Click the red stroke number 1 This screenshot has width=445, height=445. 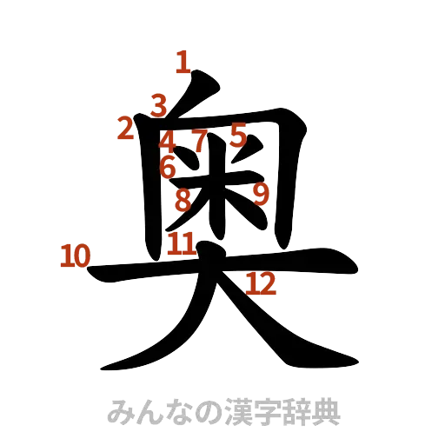point(182,62)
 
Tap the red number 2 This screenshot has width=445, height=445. point(125,130)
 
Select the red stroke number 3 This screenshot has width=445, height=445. point(157,105)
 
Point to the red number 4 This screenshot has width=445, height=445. point(169,140)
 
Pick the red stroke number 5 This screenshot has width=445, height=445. point(239,135)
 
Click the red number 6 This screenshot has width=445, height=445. point(168,166)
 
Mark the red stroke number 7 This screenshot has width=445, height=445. point(200,139)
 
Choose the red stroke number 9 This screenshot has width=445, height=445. point(260,193)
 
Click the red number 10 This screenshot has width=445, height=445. point(75,256)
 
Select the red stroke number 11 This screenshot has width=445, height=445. point(181,243)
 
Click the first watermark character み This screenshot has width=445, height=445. point(117,411)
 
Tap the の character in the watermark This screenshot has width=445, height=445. point(201,411)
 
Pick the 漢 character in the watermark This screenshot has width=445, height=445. point(230,411)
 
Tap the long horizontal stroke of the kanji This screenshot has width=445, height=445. point(226,269)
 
